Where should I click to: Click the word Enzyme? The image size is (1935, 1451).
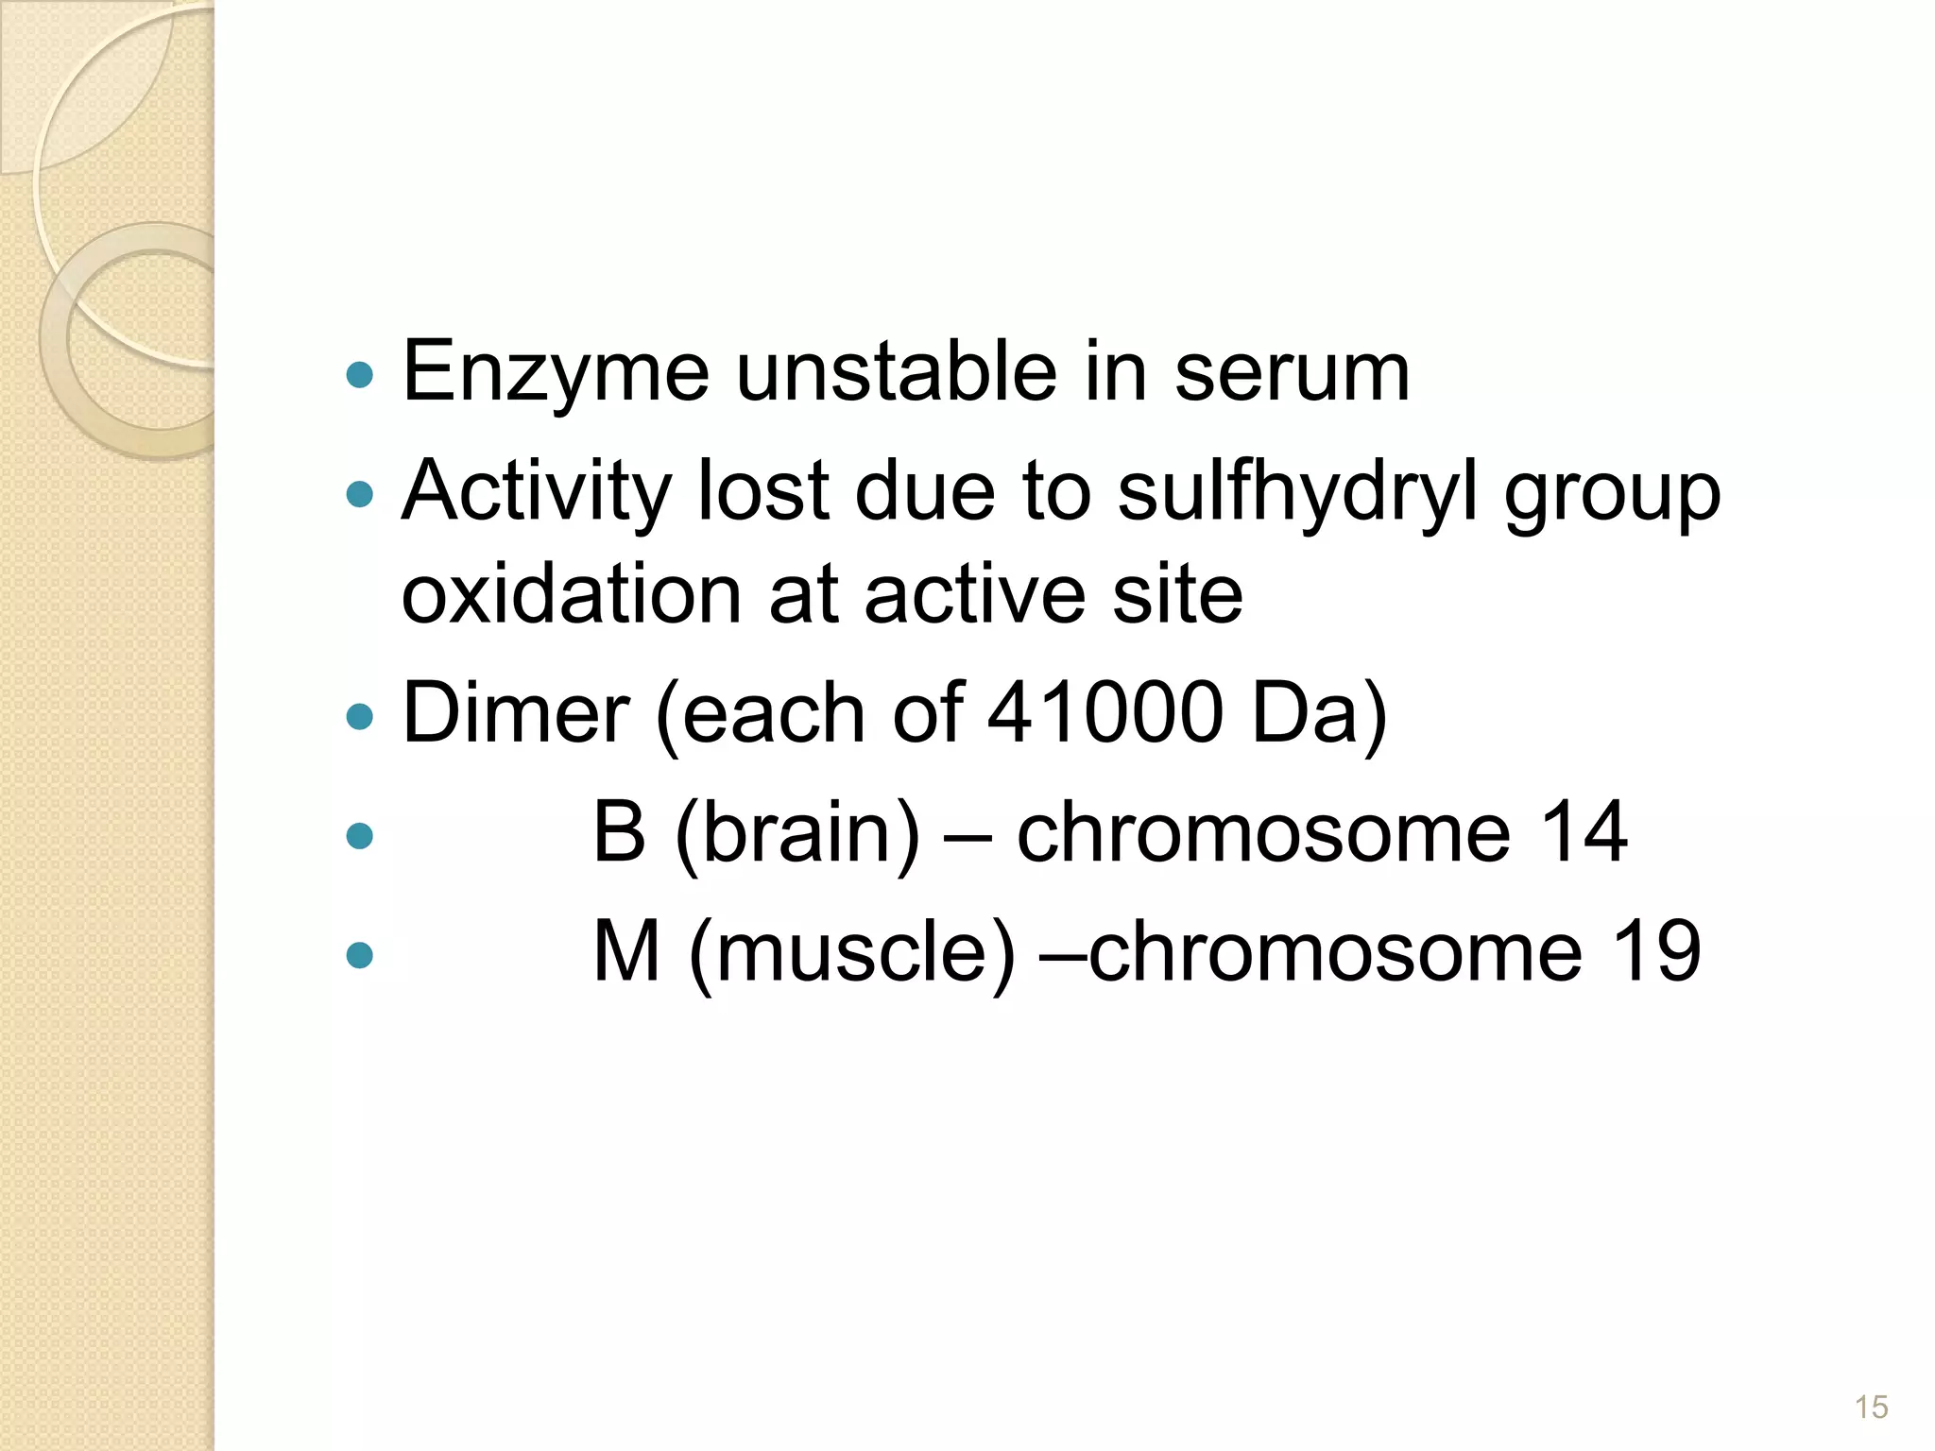556,373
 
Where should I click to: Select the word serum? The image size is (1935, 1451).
1292,373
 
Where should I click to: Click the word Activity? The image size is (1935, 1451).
536,491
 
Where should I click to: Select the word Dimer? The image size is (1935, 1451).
516,713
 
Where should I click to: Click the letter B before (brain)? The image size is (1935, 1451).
619,832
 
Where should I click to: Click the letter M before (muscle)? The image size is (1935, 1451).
625,952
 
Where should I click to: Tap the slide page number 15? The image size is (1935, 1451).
1871,1407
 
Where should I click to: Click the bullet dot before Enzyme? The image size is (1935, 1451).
360,375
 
